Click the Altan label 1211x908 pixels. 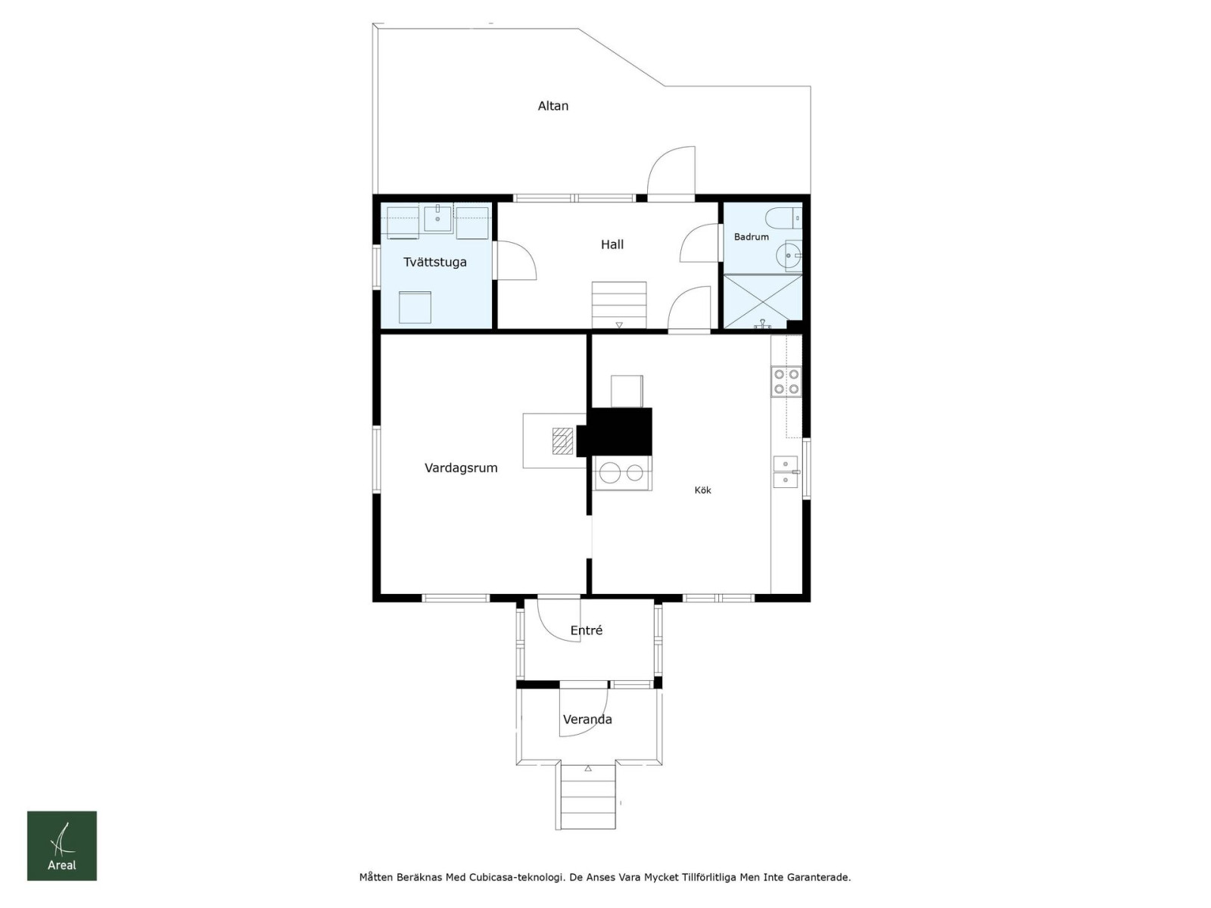click(553, 106)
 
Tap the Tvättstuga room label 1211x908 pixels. click(434, 262)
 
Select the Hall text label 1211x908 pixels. click(612, 244)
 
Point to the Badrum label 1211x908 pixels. click(751, 237)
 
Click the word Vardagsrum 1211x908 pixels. click(461, 468)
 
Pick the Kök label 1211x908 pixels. click(702, 490)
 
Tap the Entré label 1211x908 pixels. click(586, 630)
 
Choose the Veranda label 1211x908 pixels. click(587, 720)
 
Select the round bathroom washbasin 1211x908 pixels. click(789, 256)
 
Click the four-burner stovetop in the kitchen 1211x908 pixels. click(786, 381)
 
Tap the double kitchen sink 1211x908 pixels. click(786, 472)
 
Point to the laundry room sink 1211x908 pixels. click(437, 219)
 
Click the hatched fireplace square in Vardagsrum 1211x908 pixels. click(563, 441)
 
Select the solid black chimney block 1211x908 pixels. click(615, 432)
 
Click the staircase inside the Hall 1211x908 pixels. click(619, 306)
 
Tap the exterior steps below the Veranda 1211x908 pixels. click(585, 796)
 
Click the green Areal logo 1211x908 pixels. click(62, 846)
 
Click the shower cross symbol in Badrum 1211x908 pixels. click(762, 302)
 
